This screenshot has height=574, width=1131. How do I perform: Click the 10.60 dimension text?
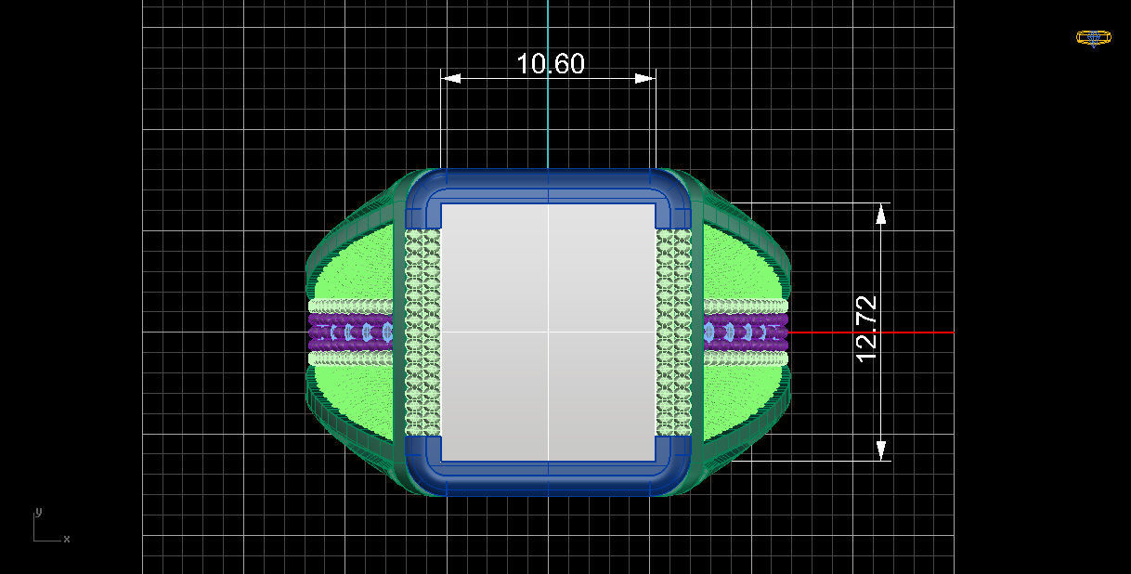click(x=550, y=63)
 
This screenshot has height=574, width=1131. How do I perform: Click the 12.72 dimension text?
click(x=865, y=329)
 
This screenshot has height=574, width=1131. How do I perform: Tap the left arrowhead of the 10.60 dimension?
click(x=451, y=79)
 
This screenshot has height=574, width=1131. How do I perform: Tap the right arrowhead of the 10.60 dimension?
click(x=645, y=79)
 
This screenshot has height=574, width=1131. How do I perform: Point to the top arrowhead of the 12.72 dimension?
click(x=881, y=214)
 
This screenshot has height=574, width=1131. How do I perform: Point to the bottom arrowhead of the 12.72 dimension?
click(x=881, y=450)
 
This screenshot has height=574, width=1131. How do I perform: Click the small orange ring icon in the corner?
click(x=1093, y=38)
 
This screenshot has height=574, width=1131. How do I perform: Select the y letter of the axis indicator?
click(x=38, y=512)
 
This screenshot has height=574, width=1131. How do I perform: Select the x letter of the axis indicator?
click(x=67, y=539)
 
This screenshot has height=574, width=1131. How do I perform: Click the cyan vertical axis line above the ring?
click(x=548, y=93)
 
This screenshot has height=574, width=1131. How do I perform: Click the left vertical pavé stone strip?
click(x=422, y=333)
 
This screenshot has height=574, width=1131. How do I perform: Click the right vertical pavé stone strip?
click(x=674, y=333)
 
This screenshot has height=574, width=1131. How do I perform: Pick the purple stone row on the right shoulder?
click(x=746, y=332)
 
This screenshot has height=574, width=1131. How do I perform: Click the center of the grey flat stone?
click(x=548, y=333)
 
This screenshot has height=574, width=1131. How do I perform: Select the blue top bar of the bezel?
click(x=548, y=184)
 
